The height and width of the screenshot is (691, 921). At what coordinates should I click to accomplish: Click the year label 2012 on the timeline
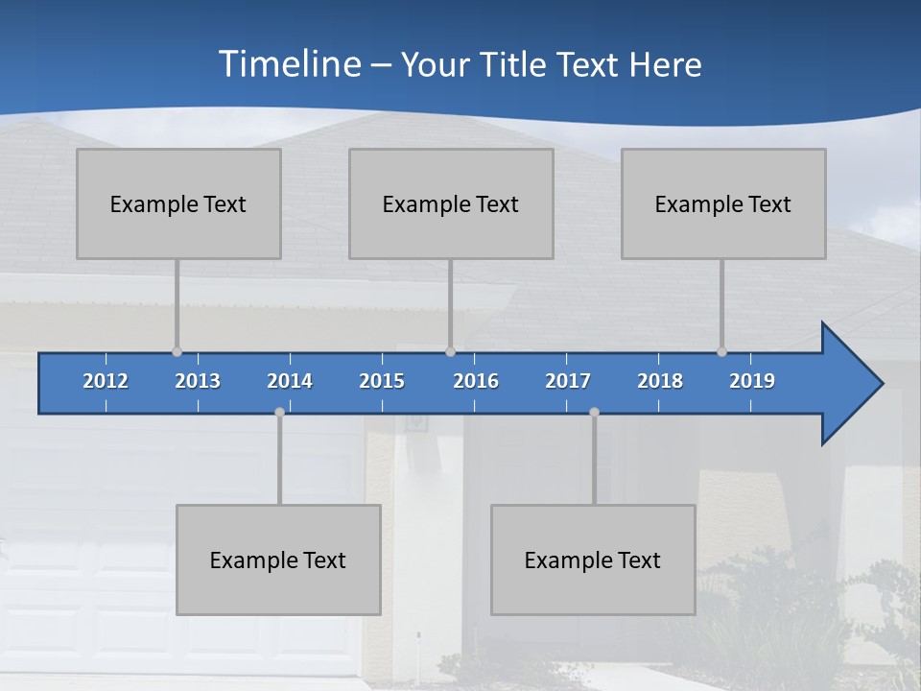tap(106, 381)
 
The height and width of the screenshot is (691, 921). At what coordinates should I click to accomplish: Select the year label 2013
tap(198, 381)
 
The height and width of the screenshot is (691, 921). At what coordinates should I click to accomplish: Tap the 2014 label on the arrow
tap(290, 381)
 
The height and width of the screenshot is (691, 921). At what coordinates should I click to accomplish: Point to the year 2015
tap(382, 381)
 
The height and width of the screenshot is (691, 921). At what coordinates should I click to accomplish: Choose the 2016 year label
tap(476, 381)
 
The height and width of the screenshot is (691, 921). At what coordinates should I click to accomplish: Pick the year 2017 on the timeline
tap(568, 381)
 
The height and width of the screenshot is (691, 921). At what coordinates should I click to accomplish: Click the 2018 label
tap(660, 381)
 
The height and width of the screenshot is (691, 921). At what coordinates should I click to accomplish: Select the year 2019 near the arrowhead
tap(752, 381)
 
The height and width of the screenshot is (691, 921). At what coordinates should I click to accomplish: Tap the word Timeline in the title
tap(290, 64)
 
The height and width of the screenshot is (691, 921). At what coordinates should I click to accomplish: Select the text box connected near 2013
tap(178, 203)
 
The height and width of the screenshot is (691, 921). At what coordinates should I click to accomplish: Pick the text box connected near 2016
tap(451, 203)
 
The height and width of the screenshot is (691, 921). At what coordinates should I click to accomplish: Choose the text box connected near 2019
tap(723, 203)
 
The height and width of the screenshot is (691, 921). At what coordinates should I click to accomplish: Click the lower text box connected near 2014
tap(278, 560)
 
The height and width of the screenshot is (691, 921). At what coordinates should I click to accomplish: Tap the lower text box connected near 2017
tap(593, 560)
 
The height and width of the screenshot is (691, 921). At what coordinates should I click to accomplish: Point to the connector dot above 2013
tap(177, 352)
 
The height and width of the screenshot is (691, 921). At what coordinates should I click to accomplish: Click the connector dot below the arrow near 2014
tap(279, 412)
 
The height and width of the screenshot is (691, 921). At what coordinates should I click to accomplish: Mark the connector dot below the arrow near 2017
tap(594, 412)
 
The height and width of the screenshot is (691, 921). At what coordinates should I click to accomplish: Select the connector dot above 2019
tap(721, 352)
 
